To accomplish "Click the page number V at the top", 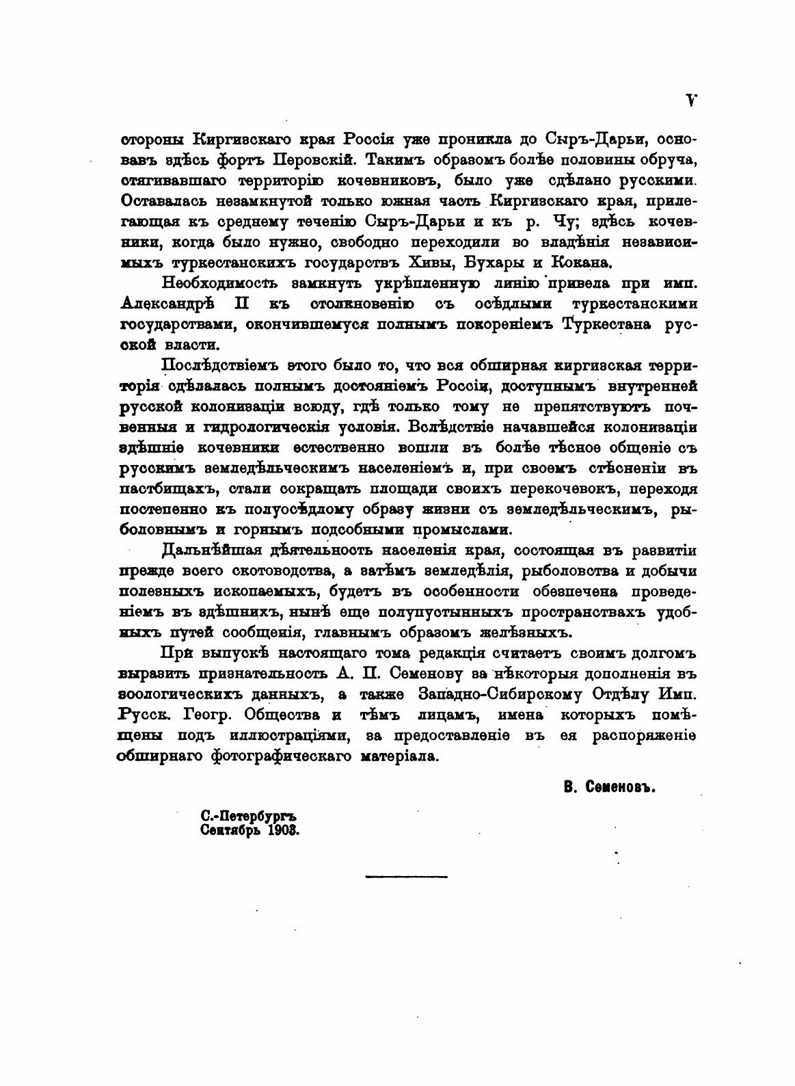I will point(691,100).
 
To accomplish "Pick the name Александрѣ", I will point(162,304).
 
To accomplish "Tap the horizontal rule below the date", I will point(406,876).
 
